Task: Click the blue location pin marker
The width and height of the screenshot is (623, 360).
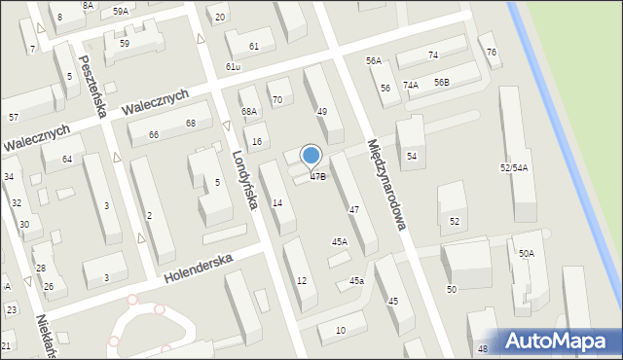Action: [x=311, y=156]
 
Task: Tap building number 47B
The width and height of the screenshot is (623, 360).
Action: [x=318, y=177]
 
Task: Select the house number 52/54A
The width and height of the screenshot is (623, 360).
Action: [x=514, y=168]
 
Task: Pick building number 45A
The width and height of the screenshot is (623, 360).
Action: [x=339, y=241]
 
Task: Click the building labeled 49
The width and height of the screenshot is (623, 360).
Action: [x=321, y=112]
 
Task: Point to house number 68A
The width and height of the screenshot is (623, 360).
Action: [x=249, y=113]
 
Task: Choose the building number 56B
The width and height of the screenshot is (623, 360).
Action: [x=442, y=83]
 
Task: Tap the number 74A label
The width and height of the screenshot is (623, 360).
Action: [x=411, y=86]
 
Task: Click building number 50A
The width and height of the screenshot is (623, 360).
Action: [x=526, y=253]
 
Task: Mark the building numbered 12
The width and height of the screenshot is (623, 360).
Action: [x=302, y=280]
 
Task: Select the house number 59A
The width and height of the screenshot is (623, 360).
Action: [x=120, y=11]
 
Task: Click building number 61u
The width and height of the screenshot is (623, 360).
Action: [x=233, y=66]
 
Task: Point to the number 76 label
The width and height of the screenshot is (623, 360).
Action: [x=492, y=52]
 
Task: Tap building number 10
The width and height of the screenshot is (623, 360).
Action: [x=339, y=331]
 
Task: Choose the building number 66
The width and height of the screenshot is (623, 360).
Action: [x=154, y=134]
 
